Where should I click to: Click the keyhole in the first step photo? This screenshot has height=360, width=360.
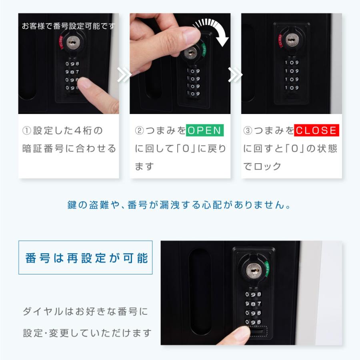point(72,42)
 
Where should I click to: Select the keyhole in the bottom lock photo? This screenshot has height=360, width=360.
point(254,270)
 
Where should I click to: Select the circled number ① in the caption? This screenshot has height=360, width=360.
point(27,131)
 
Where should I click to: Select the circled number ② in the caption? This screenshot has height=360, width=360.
point(139,131)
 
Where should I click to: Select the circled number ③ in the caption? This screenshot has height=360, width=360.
point(248,131)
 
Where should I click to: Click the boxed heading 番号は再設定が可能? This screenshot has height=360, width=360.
point(85,258)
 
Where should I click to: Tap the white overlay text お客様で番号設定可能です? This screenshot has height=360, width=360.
point(68,26)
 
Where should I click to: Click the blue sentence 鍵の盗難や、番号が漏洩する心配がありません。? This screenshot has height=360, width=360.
point(179,205)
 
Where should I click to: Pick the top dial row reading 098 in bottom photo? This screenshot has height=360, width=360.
point(253,294)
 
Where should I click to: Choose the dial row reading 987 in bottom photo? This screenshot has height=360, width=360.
point(253,304)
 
